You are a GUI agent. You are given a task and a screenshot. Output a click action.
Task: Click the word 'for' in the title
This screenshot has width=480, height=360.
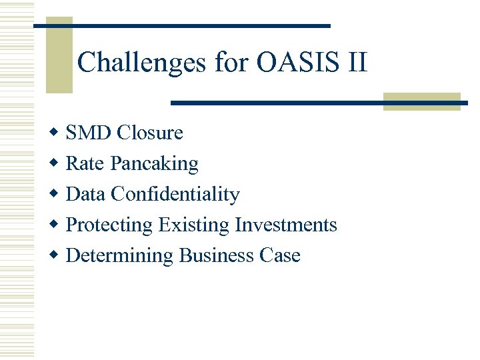point(231,63)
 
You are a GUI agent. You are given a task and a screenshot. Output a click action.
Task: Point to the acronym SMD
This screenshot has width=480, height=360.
point(89,133)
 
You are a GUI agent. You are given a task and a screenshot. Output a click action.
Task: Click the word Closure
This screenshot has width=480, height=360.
point(149,133)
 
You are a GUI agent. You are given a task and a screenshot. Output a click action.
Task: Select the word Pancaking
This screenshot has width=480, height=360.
point(155,164)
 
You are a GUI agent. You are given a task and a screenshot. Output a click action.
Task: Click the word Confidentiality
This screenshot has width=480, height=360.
point(175,194)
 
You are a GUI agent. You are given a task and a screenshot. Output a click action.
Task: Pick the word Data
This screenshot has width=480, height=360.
point(86,194)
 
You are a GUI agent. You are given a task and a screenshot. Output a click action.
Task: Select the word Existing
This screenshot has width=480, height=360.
point(194,225)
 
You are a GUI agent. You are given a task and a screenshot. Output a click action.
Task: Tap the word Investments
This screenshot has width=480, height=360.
point(286,225)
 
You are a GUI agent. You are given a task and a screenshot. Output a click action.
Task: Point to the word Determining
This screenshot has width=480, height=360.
point(120,256)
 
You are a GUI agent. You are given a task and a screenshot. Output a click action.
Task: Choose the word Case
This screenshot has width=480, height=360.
point(280,255)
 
